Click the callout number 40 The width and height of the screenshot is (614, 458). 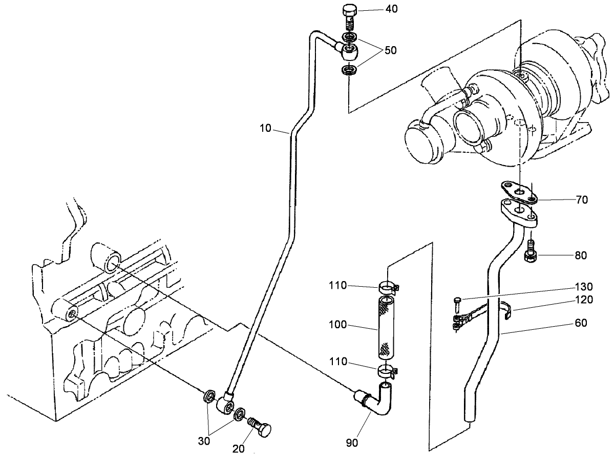[390, 9]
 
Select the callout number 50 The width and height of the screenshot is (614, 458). [391, 50]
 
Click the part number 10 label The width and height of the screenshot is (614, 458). [266, 128]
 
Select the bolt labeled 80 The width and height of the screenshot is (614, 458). [531, 251]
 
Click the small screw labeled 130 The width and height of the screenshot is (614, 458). [457, 305]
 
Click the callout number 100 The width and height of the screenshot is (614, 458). [338, 325]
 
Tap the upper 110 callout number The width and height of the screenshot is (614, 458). [338, 285]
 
